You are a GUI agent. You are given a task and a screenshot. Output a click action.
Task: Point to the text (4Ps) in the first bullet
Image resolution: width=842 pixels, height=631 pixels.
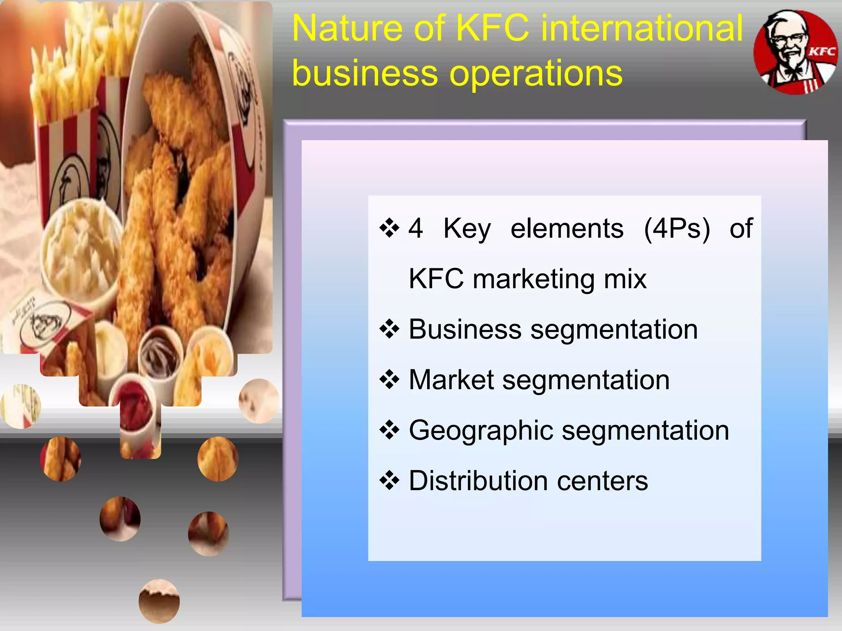(677, 228)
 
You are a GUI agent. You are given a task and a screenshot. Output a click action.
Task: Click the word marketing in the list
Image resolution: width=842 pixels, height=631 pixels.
(533, 279)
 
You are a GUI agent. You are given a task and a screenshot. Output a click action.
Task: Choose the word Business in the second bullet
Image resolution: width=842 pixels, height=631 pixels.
(465, 329)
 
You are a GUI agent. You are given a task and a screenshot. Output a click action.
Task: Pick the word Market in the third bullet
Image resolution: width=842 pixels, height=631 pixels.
(451, 380)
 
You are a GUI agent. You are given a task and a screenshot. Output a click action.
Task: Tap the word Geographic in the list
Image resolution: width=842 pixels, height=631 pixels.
(481, 431)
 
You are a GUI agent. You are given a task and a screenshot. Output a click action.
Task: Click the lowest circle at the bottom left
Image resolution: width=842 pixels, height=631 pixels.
(159, 601)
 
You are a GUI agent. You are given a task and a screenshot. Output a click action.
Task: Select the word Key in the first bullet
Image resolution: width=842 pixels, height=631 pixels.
(467, 228)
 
